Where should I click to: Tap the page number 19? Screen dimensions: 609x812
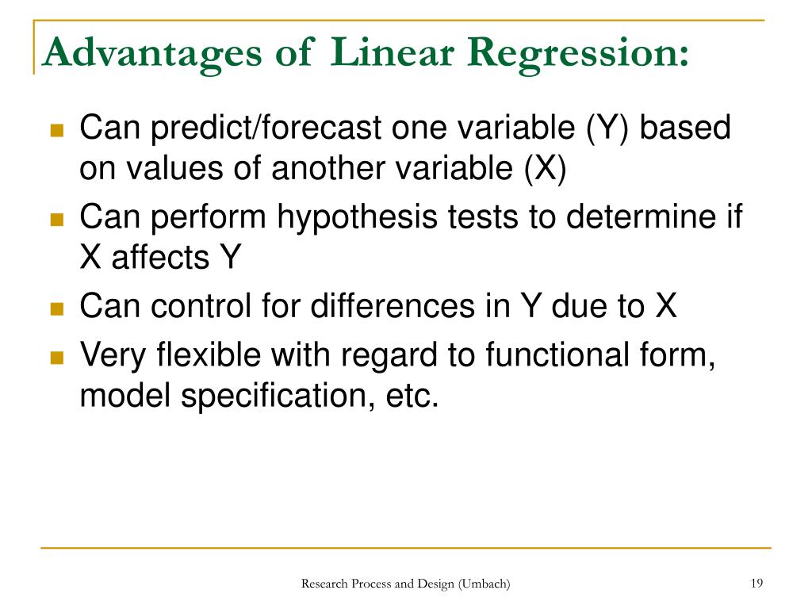coord(756,584)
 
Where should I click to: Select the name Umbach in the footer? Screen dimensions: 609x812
coord(484,584)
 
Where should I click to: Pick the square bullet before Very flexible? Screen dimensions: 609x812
coord(56,358)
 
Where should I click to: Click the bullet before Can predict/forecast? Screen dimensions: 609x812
coord(56,131)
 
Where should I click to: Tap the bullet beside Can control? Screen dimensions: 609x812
coord(56,308)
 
